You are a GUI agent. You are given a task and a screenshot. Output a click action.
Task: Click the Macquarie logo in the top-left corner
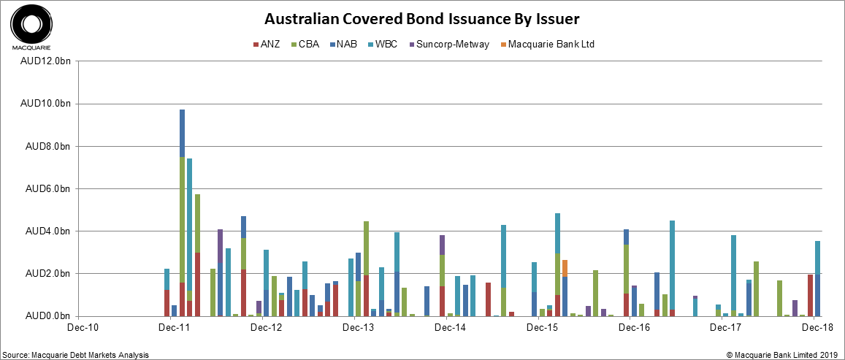pyautogui.click(x=30, y=27)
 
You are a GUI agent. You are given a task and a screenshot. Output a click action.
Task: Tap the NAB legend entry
pyautogui.click(x=346, y=44)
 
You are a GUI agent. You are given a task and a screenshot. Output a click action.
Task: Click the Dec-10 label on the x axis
pyautogui.click(x=77, y=329)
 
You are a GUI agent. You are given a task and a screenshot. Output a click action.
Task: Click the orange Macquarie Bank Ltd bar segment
pyautogui.click(x=565, y=267)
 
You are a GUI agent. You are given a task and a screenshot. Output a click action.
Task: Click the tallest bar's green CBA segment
pyautogui.click(x=182, y=219)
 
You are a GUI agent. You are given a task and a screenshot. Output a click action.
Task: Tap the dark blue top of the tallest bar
pyautogui.click(x=182, y=133)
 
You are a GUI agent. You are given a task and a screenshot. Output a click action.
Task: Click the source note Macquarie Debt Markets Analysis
pyautogui.click(x=76, y=355)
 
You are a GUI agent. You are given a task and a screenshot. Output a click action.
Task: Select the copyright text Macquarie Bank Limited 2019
pyautogui.click(x=781, y=355)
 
